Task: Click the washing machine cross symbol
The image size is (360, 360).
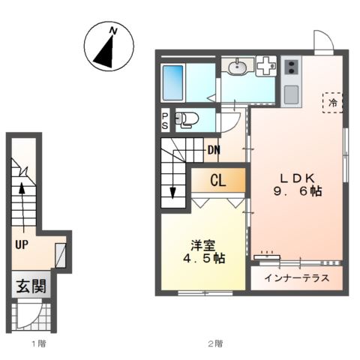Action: [x=265, y=66]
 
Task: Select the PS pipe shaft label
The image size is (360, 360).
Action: [x=165, y=120]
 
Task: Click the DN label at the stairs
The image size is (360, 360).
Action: [x=214, y=149]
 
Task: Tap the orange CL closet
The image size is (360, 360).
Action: [x=217, y=180]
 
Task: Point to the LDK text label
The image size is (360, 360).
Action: [x=301, y=178]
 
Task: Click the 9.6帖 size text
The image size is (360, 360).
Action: [x=301, y=192]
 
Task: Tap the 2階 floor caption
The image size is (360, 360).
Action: [x=215, y=344]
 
